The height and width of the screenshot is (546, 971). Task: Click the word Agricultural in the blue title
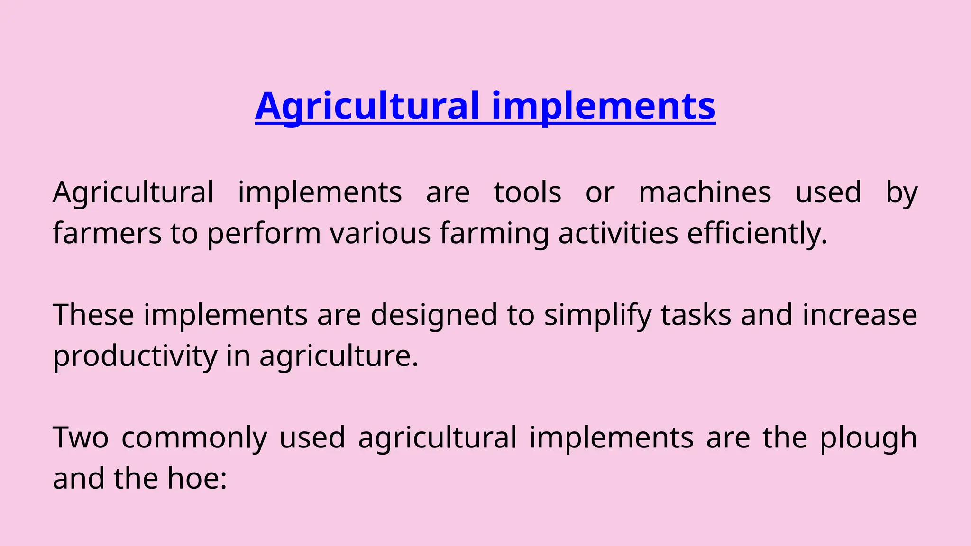367,106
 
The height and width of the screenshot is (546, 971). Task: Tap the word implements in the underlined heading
603,106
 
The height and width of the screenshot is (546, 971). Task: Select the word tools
528,192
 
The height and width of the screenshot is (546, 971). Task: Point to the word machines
705,192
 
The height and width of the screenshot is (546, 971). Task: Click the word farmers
107,233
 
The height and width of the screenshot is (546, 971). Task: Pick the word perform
264,233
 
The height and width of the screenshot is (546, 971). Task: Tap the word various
380,233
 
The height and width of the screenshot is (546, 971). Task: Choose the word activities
618,233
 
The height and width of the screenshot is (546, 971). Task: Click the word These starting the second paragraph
93,315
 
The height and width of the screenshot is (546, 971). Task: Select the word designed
433,315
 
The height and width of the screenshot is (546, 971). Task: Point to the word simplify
598,315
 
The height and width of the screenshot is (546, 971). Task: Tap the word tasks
696,315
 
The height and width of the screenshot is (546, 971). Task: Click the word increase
860,315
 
